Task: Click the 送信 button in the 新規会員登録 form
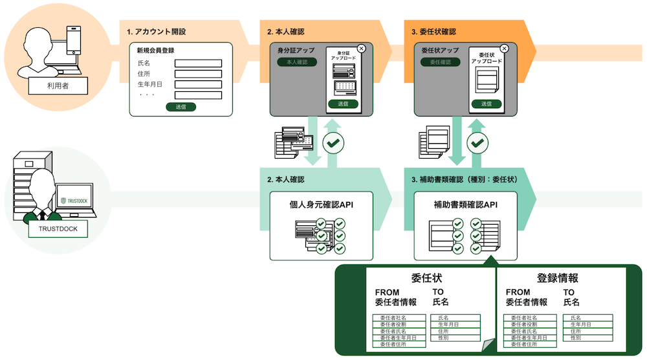181,107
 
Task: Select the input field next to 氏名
198,63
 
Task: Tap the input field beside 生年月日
198,84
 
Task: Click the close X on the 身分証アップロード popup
361,48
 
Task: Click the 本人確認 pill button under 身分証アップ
292,62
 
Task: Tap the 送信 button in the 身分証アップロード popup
343,104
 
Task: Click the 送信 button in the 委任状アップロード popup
486,104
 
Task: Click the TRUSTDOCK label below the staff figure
58,229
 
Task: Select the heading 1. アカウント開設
157,31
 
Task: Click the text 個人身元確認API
322,205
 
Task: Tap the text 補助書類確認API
465,205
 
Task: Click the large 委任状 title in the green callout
426,278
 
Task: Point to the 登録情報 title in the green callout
557,278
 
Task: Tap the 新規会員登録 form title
156,51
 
